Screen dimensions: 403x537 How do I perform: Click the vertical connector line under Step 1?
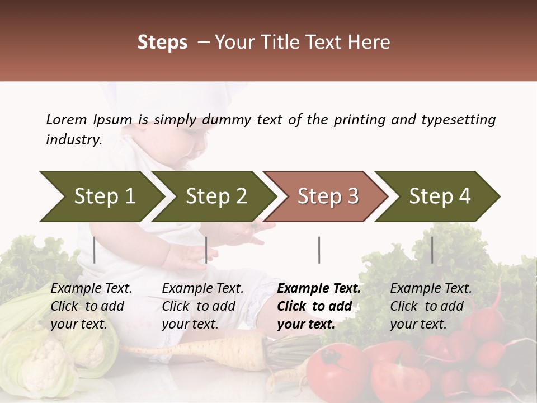click(95, 250)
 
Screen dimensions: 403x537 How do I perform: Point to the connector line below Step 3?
click(319, 250)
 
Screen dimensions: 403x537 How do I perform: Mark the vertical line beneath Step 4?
click(432, 250)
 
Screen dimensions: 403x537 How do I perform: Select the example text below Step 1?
click(91, 306)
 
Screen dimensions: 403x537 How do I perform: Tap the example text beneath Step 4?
click(431, 306)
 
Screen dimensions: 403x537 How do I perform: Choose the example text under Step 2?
click(202, 306)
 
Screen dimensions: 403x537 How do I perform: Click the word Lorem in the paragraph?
click(66, 120)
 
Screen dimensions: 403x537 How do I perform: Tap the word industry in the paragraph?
click(73, 140)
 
